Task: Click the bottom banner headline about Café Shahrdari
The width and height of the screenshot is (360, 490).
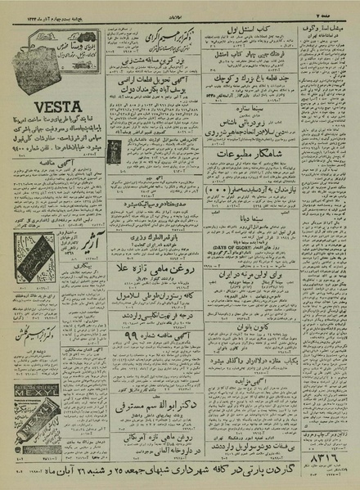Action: point(180,471)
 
